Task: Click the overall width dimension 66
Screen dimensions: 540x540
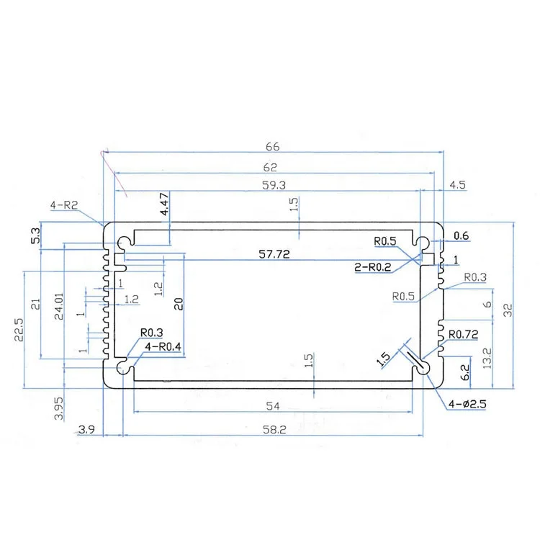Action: [271, 147]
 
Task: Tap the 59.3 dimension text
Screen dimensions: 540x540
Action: [271, 184]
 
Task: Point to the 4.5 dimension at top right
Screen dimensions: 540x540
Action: [457, 185]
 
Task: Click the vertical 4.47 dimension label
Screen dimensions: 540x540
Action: [164, 204]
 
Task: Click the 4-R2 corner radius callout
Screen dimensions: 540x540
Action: [63, 206]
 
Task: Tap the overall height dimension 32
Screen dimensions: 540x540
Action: [508, 310]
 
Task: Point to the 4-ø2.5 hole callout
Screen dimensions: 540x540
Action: [469, 404]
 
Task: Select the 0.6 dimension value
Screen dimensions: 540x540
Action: [462, 235]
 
